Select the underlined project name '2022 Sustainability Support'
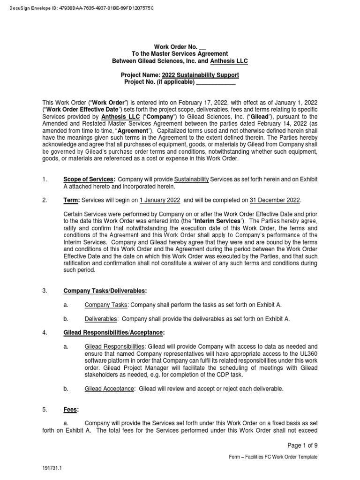(200, 75)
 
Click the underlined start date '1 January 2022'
(159, 200)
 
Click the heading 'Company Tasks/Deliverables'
(105, 291)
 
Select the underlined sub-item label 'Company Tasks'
(105, 305)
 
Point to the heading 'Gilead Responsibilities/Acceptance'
(114, 332)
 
